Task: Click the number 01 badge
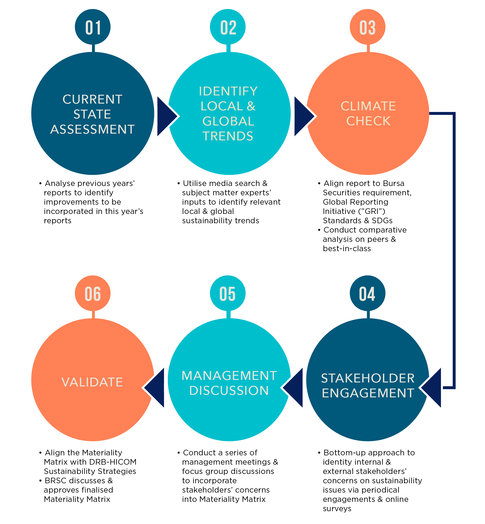(93, 27)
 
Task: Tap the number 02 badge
(228, 27)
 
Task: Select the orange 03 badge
(367, 27)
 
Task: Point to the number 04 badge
(367, 293)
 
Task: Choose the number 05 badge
(228, 293)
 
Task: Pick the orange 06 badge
(93, 293)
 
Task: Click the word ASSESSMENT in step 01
(92, 129)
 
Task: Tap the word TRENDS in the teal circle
(228, 136)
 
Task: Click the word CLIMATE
(368, 106)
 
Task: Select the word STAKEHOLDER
(368, 378)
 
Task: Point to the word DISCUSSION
(229, 390)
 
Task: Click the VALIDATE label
(92, 382)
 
